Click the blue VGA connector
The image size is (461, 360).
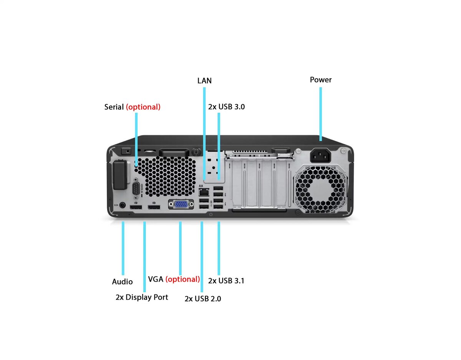coord(181,204)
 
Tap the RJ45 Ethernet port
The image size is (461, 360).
coord(204,192)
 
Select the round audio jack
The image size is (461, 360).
coord(122,205)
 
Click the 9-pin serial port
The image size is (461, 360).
coord(136,188)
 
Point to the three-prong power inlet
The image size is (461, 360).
coord(320,155)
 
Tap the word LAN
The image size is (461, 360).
coord(204,81)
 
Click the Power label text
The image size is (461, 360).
coord(320,80)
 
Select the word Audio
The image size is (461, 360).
coord(122,282)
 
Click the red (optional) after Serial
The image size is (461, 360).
coord(143,107)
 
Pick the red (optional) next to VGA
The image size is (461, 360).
coord(182,279)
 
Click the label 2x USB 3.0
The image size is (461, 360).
coord(226,107)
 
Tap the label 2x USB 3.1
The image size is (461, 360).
coord(226,281)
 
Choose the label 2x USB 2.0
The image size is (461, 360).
coord(203,299)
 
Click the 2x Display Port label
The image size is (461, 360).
coord(142,297)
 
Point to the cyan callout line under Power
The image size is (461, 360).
coord(320,114)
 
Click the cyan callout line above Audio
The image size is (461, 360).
coord(123,248)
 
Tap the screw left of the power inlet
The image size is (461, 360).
coord(298,151)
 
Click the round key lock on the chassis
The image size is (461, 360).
coord(196,152)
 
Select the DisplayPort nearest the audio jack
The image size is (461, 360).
coord(136,207)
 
